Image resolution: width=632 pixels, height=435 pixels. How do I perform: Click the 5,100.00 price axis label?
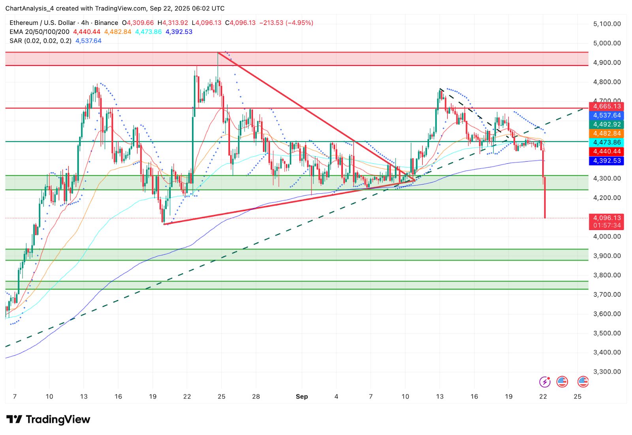607,24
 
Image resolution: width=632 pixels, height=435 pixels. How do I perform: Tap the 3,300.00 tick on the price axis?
607,372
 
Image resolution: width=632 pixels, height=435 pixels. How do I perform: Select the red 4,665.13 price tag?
607,106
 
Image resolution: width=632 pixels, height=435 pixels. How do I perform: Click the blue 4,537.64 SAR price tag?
607,116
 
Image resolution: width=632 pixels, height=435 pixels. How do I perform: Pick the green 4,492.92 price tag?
607,124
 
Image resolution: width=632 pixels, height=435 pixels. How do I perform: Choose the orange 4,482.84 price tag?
607,133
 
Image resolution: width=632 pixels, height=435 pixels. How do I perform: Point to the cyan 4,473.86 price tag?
607,142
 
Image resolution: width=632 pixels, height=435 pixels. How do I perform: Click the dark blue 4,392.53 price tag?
607,161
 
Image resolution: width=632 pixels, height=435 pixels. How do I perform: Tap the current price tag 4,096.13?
607,218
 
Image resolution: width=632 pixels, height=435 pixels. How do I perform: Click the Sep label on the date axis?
302,396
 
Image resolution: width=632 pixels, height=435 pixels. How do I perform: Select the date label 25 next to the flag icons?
577,396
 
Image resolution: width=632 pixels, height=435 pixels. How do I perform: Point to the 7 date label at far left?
15,396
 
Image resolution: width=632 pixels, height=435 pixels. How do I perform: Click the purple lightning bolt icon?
545,382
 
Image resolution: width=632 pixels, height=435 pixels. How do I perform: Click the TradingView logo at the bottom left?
48,420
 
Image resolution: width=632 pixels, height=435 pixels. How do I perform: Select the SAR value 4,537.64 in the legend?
88,41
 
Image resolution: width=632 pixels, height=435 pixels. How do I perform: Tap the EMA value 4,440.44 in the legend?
87,32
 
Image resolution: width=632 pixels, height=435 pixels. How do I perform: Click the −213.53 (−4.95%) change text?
286,23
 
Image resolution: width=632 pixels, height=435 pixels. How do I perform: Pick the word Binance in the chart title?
106,23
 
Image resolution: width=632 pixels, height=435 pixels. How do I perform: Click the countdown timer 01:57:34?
607,226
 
